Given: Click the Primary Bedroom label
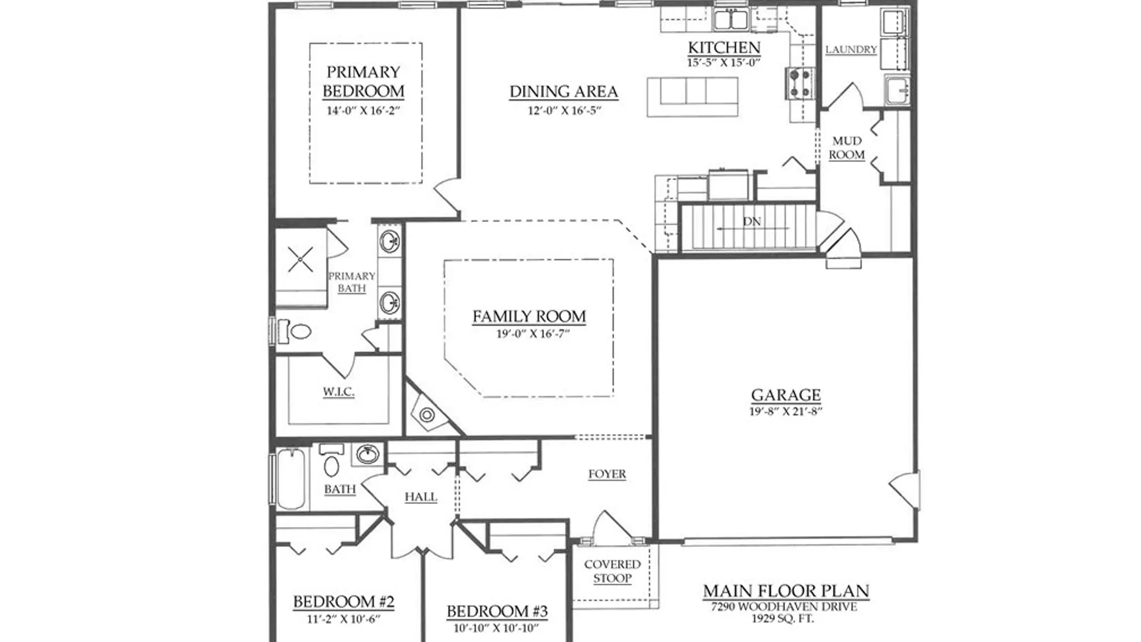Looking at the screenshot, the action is [363, 81].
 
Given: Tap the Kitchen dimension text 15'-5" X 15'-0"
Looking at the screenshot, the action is [724, 62].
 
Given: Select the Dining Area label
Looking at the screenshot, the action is [563, 92].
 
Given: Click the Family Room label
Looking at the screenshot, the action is [529, 316].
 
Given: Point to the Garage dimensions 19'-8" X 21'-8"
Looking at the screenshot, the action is [786, 411].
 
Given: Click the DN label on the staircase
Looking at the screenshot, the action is [752, 221].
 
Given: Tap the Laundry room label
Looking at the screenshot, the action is [851, 49].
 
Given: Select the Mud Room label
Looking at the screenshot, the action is [847, 148].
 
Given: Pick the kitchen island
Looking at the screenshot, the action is [692, 97].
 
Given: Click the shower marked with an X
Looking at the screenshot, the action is [301, 260].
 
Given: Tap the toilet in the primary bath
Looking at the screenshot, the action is [295, 331].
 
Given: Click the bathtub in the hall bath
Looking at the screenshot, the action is [291, 479].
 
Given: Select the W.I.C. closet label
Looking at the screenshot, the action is [339, 392].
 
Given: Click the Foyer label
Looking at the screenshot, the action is [607, 474].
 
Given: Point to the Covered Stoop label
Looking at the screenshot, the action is [612, 571].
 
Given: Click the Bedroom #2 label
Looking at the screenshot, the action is [343, 602].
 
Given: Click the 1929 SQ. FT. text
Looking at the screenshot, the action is [782, 618].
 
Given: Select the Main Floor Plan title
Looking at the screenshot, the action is [786, 591].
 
